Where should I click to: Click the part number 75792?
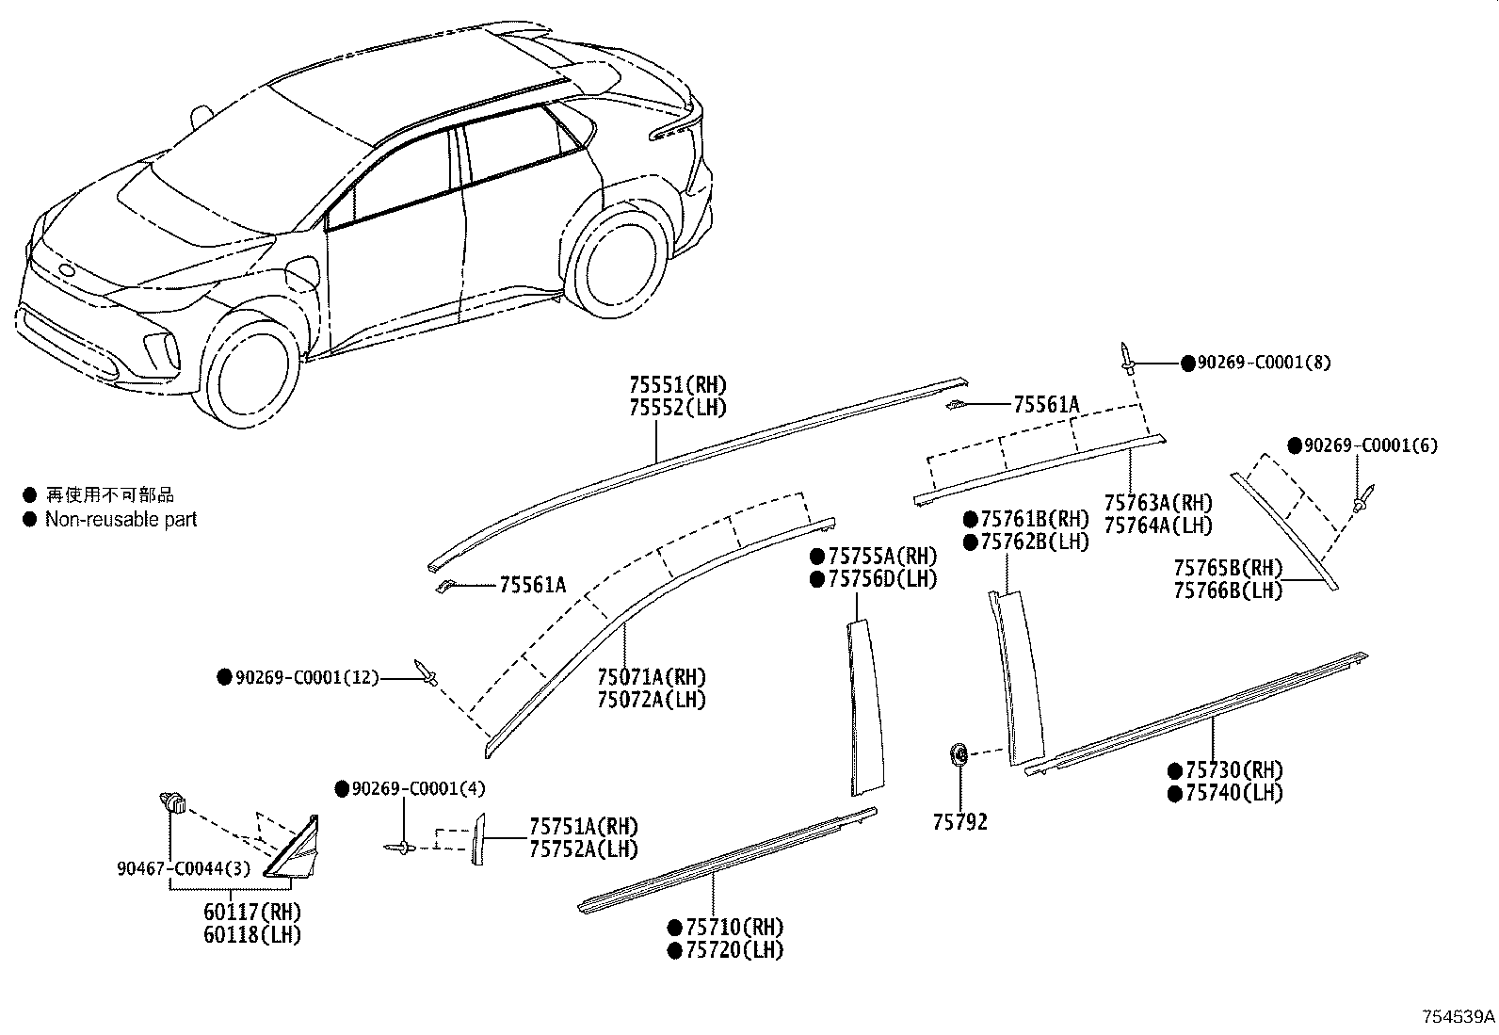point(960,821)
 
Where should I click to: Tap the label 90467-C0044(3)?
point(184,868)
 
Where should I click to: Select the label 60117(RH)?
point(252,911)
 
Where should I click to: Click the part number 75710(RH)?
point(734,927)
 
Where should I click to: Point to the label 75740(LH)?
point(1234,793)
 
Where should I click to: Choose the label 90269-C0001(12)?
point(307,677)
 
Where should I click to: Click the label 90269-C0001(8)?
point(1265,363)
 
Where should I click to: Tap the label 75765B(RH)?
point(1228,568)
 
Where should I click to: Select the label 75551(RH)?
point(678,384)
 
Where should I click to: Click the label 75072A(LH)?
point(652,699)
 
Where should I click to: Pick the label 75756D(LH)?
point(882,578)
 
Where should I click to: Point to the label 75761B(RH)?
point(1035,519)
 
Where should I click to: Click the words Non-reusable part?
point(121,520)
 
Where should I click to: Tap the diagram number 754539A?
point(1459,1016)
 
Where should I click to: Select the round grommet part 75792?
point(959,753)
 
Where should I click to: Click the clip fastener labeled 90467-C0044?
point(172,801)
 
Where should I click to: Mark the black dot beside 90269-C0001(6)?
point(1295,445)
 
